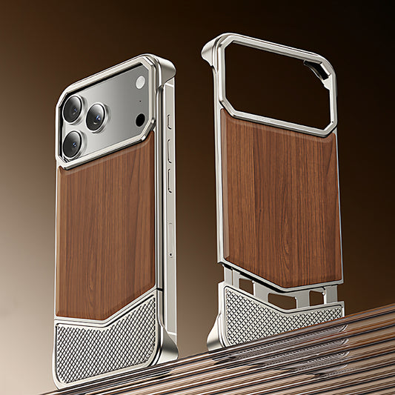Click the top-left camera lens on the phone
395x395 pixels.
pos(73,108)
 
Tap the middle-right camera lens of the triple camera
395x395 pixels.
pos(96,116)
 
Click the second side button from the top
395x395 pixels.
pos(170,149)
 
